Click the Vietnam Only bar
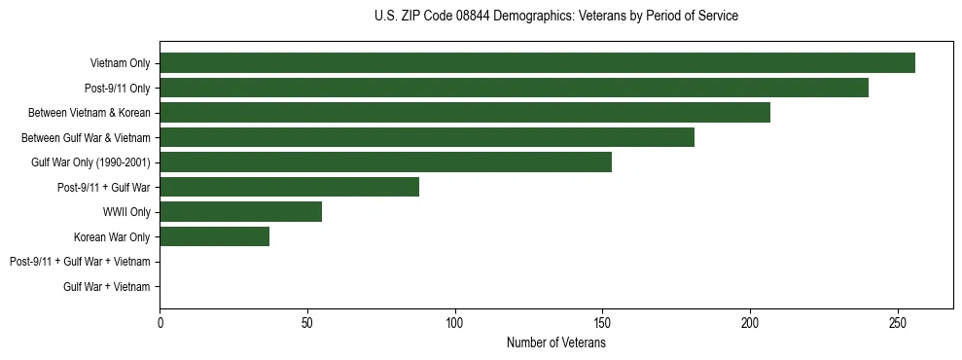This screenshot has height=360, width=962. (x=537, y=63)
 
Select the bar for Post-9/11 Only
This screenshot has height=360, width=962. (x=514, y=88)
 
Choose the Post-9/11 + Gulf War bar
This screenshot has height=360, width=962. (x=289, y=187)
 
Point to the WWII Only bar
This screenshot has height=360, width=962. (x=240, y=212)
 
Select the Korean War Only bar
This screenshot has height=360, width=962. (x=214, y=236)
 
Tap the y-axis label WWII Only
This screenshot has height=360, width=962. (x=126, y=212)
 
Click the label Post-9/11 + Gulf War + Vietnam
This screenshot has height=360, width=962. (x=80, y=262)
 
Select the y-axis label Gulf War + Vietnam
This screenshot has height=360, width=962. (x=107, y=287)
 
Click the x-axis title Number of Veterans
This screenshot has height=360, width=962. (x=555, y=342)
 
